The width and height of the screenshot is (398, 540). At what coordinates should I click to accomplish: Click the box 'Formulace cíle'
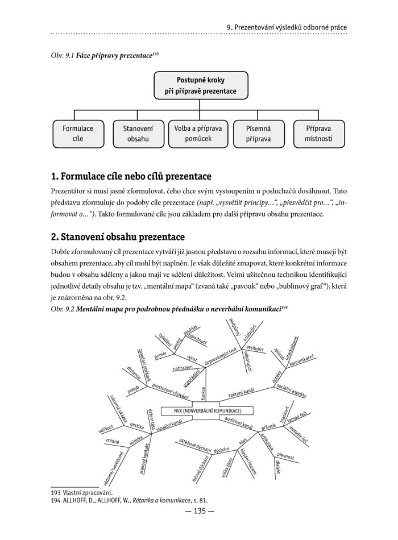78,134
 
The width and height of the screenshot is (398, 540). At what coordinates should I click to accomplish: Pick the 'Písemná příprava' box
258,134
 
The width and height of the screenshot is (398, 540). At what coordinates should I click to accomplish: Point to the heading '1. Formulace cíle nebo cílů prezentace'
131,177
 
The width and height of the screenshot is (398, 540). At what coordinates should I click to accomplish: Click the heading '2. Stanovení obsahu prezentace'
117,236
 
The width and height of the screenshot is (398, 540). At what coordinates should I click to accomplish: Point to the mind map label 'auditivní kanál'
238,422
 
